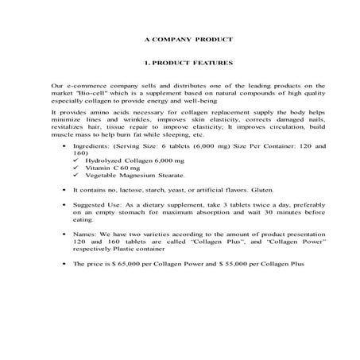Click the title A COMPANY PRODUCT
(x=179, y=39)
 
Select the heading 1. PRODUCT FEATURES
(x=179, y=61)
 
